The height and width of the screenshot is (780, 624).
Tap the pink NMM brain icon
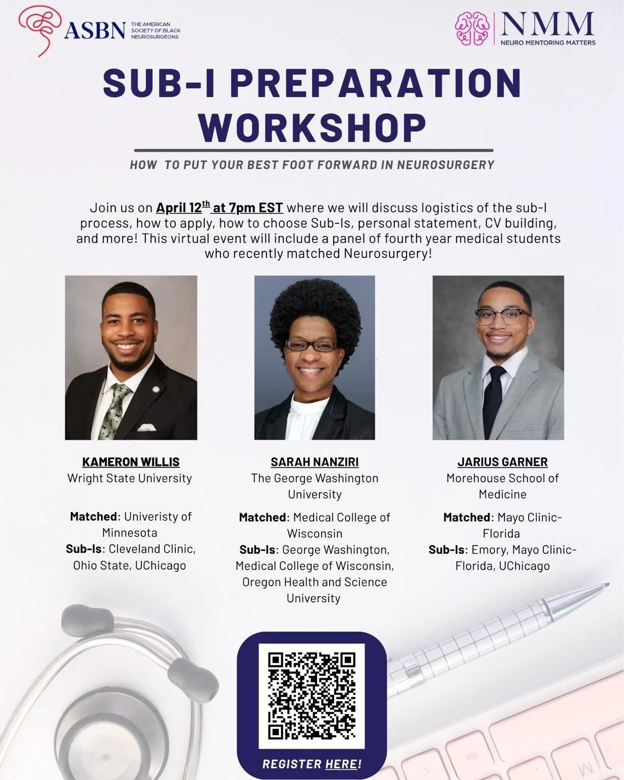tap(472, 29)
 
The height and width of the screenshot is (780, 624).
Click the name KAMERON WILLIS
tap(131, 462)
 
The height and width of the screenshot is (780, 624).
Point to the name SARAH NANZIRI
tap(315, 462)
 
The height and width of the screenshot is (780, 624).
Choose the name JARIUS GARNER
tap(502, 462)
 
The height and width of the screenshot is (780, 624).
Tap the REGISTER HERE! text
tap(311, 764)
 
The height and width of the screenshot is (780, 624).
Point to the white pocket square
tap(147, 427)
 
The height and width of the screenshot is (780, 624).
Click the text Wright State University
tap(130, 478)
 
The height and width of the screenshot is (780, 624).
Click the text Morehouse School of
tap(502, 478)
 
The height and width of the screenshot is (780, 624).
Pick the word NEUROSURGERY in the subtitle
tap(446, 165)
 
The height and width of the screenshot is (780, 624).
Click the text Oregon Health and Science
tap(315, 582)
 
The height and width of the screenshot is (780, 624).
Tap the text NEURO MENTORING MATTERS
tap(548, 43)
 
